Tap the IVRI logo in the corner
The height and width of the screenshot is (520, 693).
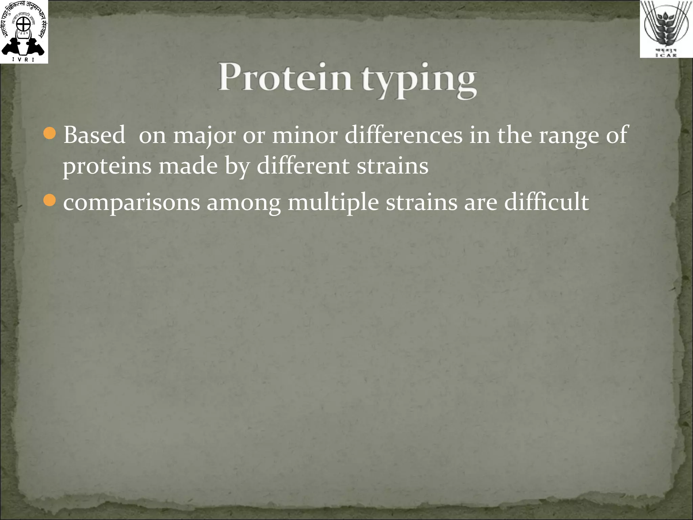(24, 31)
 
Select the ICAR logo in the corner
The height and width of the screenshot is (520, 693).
(666, 29)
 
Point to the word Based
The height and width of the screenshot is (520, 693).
(94, 135)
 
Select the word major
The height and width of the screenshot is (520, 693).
(204, 136)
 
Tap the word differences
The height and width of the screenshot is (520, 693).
(403, 135)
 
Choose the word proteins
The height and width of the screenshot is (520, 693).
(107, 167)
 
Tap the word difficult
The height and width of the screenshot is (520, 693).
(546, 202)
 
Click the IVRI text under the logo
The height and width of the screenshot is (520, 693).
(23, 60)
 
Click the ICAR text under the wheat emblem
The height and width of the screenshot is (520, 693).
(666, 55)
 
